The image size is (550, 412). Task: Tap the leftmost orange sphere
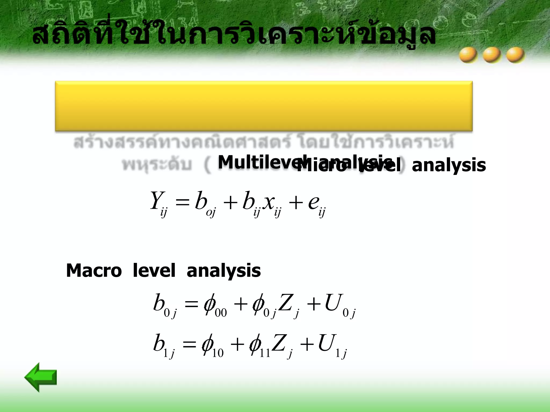click(x=468, y=55)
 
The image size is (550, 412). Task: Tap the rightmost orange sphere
click(x=515, y=55)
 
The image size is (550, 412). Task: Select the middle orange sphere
click(x=492, y=55)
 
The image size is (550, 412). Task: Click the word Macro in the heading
click(x=94, y=270)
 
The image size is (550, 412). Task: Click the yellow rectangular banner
click(x=264, y=106)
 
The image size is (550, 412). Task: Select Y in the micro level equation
click(x=156, y=201)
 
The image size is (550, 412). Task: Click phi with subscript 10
click(x=208, y=345)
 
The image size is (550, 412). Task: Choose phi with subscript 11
click(x=255, y=345)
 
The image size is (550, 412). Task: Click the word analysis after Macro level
click(x=223, y=270)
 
